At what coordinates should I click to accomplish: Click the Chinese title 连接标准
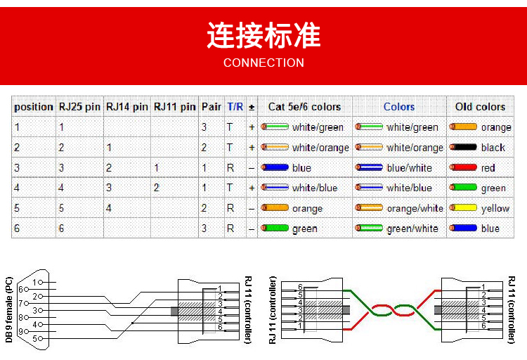[x=263, y=35]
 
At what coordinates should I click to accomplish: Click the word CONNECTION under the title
[x=263, y=63]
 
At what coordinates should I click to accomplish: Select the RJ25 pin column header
[x=79, y=107]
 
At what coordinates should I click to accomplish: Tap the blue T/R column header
[x=235, y=107]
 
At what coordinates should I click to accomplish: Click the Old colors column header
[x=480, y=107]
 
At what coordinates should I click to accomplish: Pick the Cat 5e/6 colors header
[x=304, y=107]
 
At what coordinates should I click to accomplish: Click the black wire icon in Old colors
[x=463, y=147]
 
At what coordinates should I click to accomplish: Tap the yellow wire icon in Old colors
[x=463, y=207]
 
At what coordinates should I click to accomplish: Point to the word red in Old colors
[x=488, y=167]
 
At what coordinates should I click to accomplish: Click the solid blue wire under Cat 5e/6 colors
[x=275, y=167]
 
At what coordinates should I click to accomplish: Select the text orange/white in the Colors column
[x=415, y=209]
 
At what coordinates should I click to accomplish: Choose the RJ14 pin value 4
[x=108, y=208]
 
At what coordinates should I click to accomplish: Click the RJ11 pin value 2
[x=156, y=188]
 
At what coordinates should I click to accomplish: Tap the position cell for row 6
[x=17, y=229]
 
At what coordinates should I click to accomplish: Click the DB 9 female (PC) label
[x=9, y=309]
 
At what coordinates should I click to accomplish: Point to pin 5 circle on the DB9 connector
[x=41, y=338]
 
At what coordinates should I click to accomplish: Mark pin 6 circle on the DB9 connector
[x=26, y=290]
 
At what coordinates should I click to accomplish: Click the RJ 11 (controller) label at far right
[x=512, y=310]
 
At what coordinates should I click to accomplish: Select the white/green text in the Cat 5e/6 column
[x=318, y=127]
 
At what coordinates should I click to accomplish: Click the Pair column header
[x=212, y=107]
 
